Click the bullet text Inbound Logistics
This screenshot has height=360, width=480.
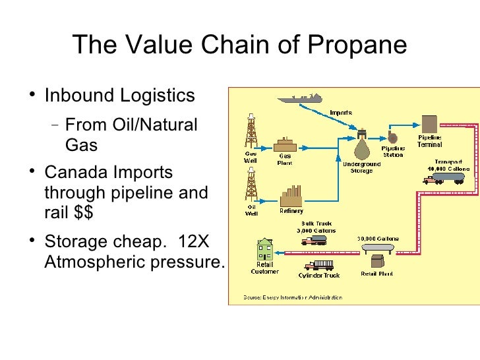119,96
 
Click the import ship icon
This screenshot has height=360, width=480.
304,98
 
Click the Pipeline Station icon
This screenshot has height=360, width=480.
393,136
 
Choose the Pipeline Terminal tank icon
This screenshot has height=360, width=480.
429,123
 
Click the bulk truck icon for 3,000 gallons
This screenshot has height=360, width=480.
314,240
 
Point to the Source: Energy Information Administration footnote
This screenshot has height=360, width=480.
291,297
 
